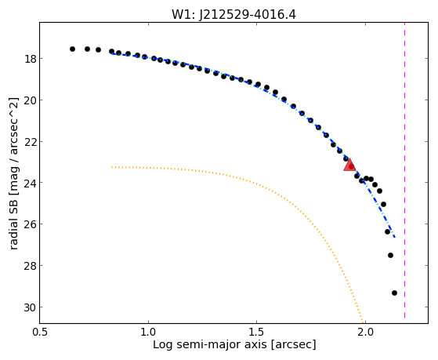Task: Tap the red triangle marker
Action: pyautogui.click(x=349, y=165)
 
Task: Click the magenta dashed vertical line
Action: pyautogui.click(x=404, y=170)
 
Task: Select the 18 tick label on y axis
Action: pyautogui.click(x=30, y=59)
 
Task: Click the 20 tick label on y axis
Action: pyautogui.click(x=30, y=100)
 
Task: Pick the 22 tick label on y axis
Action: pyautogui.click(x=30, y=142)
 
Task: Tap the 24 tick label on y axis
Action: pyautogui.click(x=30, y=183)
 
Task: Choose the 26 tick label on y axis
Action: pyautogui.click(x=30, y=224)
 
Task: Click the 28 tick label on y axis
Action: pyautogui.click(x=30, y=266)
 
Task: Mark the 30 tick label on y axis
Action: pyautogui.click(x=30, y=307)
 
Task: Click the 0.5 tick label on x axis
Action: pyautogui.click(x=40, y=333)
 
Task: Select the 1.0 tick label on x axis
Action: pyautogui.click(x=148, y=333)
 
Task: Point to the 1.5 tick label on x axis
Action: pyautogui.click(x=257, y=333)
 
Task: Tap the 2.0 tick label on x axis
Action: pyautogui.click(x=365, y=333)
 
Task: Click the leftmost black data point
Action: pyautogui.click(x=72, y=49)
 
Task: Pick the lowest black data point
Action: pyautogui.click(x=394, y=293)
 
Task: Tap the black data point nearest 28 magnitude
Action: pyautogui.click(x=390, y=255)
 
